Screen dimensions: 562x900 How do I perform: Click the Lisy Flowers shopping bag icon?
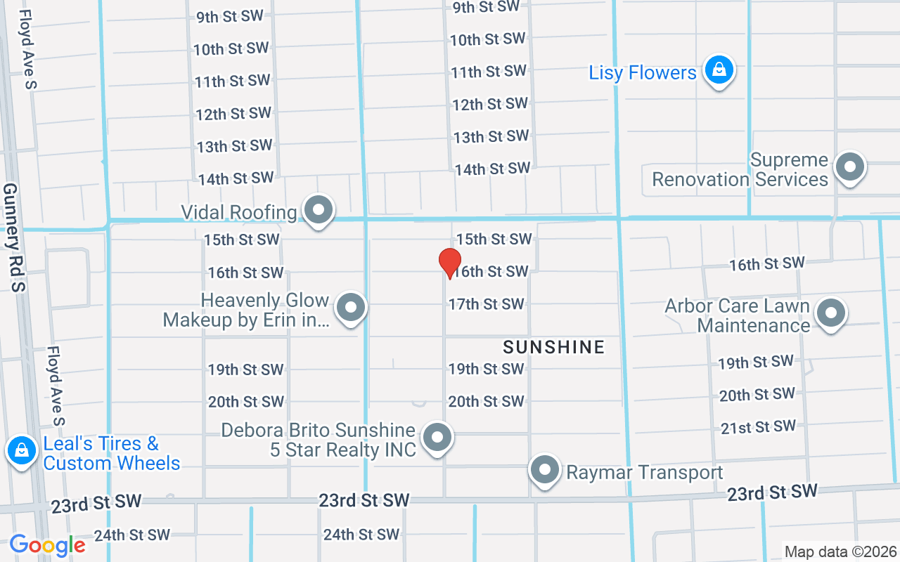click(719, 70)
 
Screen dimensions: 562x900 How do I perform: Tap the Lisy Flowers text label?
click(643, 73)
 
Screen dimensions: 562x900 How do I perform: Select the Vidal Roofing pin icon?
click(319, 209)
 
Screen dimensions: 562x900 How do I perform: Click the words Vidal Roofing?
click(239, 212)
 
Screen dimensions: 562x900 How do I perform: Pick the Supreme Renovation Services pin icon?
click(850, 168)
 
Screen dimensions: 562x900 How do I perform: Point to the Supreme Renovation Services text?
click(740, 170)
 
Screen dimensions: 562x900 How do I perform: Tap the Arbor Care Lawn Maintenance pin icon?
click(830, 313)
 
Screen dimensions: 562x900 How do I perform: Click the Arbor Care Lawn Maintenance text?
click(737, 316)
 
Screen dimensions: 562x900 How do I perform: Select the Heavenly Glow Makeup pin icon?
click(350, 308)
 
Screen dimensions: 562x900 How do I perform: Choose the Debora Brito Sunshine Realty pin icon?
click(437, 437)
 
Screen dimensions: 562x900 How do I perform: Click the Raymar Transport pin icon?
click(545, 470)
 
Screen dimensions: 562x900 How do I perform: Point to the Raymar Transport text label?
click(645, 473)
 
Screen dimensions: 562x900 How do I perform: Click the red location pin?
click(450, 262)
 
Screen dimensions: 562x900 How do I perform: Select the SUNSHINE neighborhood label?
click(554, 347)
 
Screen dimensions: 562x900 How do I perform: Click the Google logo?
click(47, 545)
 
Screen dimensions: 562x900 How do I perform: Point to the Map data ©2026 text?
click(841, 551)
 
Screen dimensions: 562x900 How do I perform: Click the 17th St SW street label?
click(487, 304)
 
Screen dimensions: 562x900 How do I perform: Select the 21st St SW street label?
click(758, 427)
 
